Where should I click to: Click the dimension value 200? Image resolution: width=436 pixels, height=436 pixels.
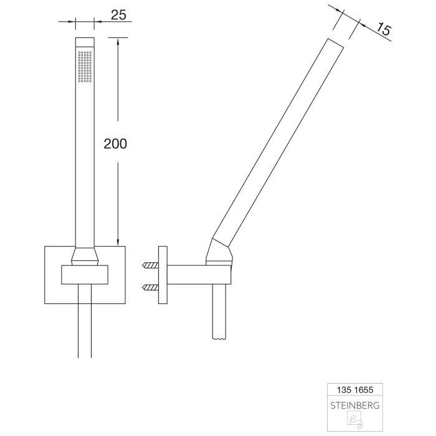tap(115, 143)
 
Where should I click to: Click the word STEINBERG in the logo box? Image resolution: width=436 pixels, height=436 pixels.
tap(355, 405)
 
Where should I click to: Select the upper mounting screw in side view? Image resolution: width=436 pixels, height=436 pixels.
tap(149, 265)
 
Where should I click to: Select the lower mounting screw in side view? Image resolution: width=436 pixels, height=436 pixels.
tap(149, 287)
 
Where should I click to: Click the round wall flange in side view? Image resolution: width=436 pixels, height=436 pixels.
tap(163, 276)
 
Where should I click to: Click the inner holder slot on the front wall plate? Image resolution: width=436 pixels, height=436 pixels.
tap(85, 275)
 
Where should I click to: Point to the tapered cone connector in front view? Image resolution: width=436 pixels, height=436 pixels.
tap(85, 255)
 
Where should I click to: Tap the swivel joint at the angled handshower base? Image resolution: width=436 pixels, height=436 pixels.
tap(223, 252)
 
